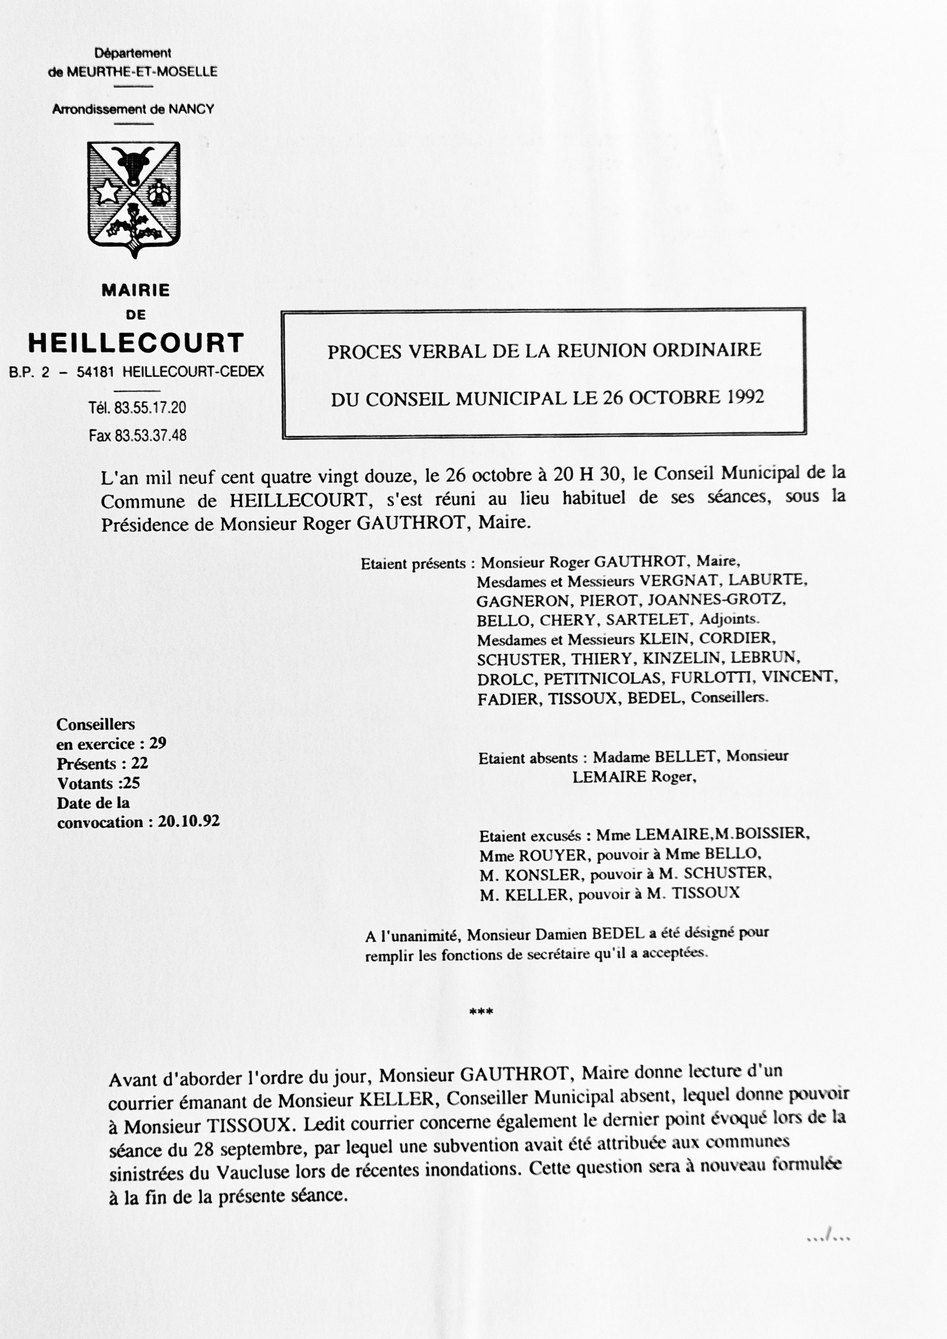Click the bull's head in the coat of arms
134,163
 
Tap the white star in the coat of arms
107,192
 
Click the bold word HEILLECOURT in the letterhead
137,343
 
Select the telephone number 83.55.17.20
150,408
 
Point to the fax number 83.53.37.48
150,435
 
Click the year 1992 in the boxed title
745,397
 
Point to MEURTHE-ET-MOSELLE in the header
142,72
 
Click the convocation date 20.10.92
189,821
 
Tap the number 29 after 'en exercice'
157,743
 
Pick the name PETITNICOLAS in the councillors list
602,678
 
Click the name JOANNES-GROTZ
716,600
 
